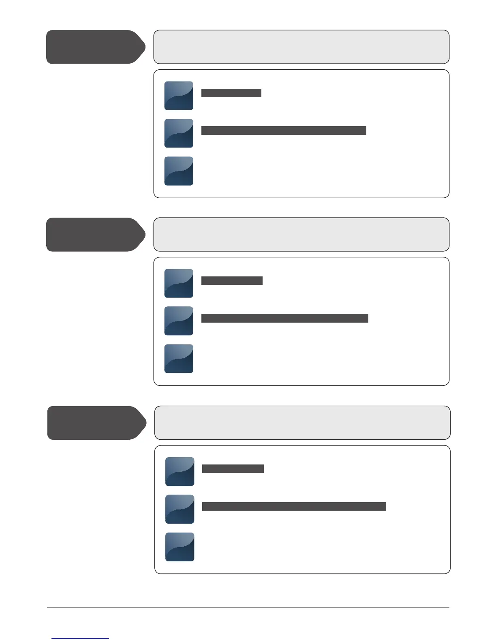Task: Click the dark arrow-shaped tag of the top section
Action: [x=95, y=47]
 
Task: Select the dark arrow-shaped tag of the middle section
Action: [x=95, y=234]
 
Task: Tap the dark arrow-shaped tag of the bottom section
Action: [x=96, y=422]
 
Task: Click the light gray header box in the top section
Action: [x=301, y=47]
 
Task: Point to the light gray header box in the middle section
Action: [x=301, y=234]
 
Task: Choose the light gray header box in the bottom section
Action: [x=302, y=422]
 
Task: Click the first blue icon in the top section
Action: [x=179, y=96]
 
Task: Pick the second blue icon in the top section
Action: [x=179, y=133]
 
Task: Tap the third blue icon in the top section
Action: [x=179, y=171]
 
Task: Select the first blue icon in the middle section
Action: [x=179, y=283]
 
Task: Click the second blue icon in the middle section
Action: [x=179, y=321]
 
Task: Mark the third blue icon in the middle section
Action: [x=179, y=359]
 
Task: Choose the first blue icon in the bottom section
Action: [x=180, y=471]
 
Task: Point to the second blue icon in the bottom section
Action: [x=180, y=509]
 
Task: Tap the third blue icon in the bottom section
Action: [x=180, y=547]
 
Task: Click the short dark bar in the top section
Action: [x=231, y=93]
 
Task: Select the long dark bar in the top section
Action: [x=284, y=130]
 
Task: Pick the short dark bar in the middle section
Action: [x=232, y=280]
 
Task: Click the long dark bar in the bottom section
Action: [x=294, y=506]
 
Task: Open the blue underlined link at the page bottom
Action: [x=80, y=638]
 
